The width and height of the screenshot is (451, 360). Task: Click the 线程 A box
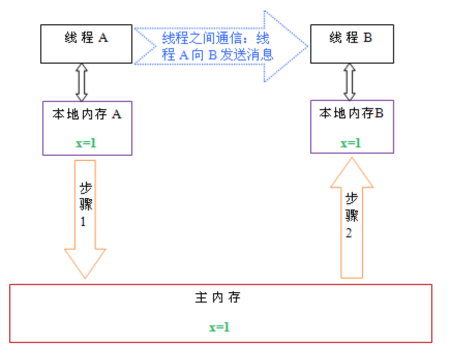(x=86, y=44)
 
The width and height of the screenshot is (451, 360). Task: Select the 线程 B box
(x=350, y=44)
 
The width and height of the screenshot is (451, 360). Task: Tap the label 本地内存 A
(x=86, y=114)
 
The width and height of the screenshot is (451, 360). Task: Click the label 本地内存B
(x=351, y=113)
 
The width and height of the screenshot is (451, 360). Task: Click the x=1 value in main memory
(x=219, y=327)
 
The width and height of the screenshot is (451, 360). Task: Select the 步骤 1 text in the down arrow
(x=86, y=204)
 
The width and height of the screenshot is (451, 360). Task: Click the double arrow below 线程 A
(x=81, y=82)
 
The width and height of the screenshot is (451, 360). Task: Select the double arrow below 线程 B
(x=350, y=82)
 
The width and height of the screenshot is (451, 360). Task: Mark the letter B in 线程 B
(x=367, y=38)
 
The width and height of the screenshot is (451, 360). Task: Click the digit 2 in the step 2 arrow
(x=349, y=233)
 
